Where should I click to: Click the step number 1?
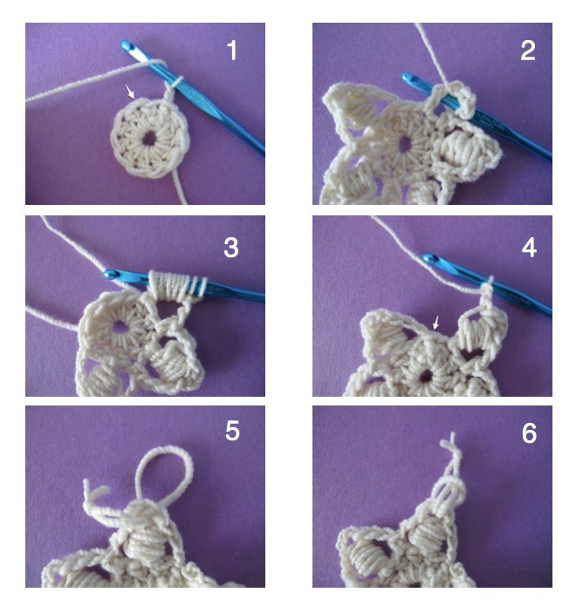pyautogui.click(x=232, y=51)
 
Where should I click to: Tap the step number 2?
pyautogui.click(x=528, y=51)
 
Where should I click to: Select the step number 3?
pyautogui.click(x=231, y=248)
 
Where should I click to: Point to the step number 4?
pyautogui.click(x=529, y=248)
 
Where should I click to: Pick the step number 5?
pyautogui.click(x=232, y=432)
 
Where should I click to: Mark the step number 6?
pyautogui.click(x=529, y=433)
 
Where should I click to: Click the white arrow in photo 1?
pyautogui.click(x=130, y=92)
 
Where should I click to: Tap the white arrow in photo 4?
pyautogui.click(x=436, y=323)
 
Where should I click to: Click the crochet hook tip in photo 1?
pyautogui.click(x=125, y=44)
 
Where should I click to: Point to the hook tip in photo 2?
pyautogui.click(x=407, y=76)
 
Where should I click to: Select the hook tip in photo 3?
pyautogui.click(x=110, y=274)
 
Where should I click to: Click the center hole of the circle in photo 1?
pyautogui.click(x=149, y=138)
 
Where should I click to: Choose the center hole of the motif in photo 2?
pyautogui.click(x=406, y=144)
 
